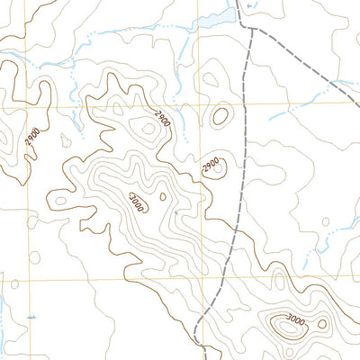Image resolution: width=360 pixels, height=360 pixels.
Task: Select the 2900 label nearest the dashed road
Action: pos(211,166)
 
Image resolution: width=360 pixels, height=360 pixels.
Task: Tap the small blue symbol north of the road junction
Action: pos(249,5)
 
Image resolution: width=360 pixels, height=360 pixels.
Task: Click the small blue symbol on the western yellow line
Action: pos(31,317)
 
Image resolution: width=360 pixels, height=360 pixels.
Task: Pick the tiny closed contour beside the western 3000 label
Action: pos(162,195)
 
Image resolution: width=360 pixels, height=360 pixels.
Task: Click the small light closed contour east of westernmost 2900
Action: pos(65,139)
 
